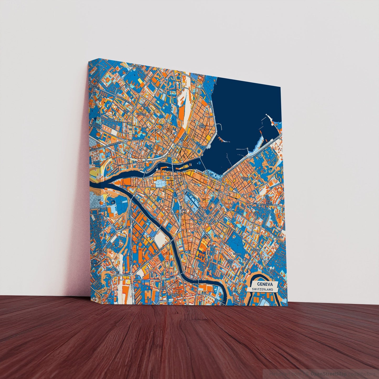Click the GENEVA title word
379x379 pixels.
point(265,284)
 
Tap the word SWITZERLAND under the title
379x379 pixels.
point(261,289)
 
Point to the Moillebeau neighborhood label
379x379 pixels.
point(135,67)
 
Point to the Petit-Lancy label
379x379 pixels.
point(100,251)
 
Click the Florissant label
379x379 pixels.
point(255,250)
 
